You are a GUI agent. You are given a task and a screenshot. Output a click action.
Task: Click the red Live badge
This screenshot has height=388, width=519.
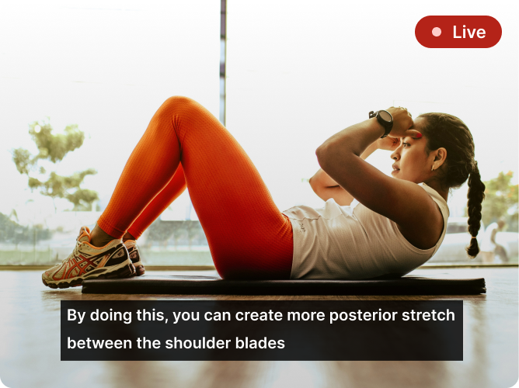[x=458, y=32]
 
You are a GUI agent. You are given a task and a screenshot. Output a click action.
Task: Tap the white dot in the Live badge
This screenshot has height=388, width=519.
[x=437, y=32]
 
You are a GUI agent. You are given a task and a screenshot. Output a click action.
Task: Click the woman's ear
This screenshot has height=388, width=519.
[x=437, y=159]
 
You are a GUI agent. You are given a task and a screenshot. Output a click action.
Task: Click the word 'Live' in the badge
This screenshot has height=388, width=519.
[x=468, y=32]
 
